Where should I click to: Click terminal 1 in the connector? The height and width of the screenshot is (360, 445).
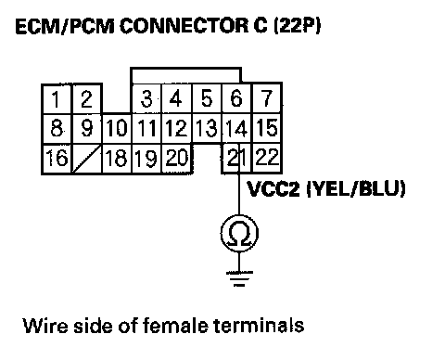click(57, 98)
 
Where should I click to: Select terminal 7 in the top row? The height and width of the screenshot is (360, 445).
click(267, 98)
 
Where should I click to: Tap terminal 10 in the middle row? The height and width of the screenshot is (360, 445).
click(117, 128)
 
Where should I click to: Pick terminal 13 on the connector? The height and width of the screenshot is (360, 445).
click(207, 128)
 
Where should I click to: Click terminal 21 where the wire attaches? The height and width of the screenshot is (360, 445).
click(236, 158)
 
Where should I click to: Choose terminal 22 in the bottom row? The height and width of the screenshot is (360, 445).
click(267, 158)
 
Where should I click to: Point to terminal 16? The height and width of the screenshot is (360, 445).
click(57, 159)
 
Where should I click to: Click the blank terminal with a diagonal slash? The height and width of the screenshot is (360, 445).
click(87, 159)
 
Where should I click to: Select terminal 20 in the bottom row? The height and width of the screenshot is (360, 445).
click(177, 158)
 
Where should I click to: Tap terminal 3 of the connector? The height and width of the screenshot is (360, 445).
click(146, 98)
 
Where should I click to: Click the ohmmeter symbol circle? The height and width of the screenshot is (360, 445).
click(239, 233)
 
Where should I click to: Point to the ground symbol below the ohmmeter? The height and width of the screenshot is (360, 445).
click(239, 278)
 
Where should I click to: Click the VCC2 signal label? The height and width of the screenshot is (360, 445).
click(273, 188)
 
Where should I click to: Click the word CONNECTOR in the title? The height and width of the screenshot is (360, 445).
click(184, 26)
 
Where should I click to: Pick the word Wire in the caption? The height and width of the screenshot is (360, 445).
click(45, 326)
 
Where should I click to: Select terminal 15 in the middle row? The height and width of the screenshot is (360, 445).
click(267, 128)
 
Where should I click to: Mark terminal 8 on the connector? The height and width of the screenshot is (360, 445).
click(57, 128)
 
